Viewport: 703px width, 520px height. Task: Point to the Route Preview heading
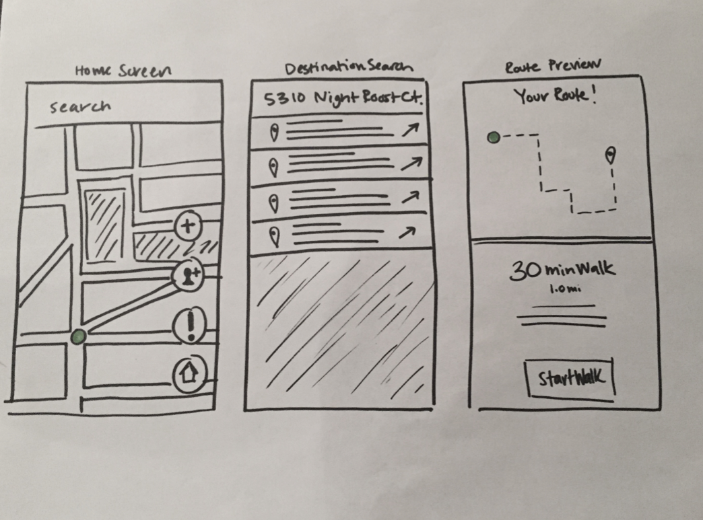552,66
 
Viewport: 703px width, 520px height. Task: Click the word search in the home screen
80,106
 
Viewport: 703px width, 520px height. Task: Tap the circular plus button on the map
188,225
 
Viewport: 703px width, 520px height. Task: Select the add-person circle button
188,274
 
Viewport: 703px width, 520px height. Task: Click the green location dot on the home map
79,335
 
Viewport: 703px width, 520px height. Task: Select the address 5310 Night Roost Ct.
343,99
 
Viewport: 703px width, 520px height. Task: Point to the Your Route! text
556,96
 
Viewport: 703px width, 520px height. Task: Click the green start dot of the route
494,138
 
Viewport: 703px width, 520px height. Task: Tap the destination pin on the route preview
610,156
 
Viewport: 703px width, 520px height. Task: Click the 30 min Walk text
562,270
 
